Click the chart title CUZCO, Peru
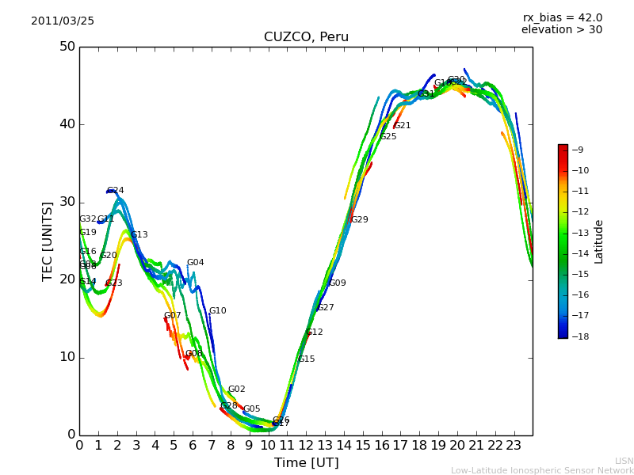pos(306,37)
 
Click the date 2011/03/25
pos(63,21)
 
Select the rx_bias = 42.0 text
pos(562,18)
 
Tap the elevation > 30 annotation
pos(561,30)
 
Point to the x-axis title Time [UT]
pos(306,463)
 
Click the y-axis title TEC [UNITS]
pos(48,241)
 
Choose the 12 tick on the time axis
pos(306,446)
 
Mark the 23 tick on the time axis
pos(514,446)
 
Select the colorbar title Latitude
pos(599,241)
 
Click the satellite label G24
pos(116,191)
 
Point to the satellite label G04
pos(196,263)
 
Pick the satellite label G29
pos(360,220)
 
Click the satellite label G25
pos(388,137)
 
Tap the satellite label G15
pos(307,359)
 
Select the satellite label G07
pos(173,316)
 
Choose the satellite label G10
pos(218,311)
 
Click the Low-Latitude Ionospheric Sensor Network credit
pos(542,471)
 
